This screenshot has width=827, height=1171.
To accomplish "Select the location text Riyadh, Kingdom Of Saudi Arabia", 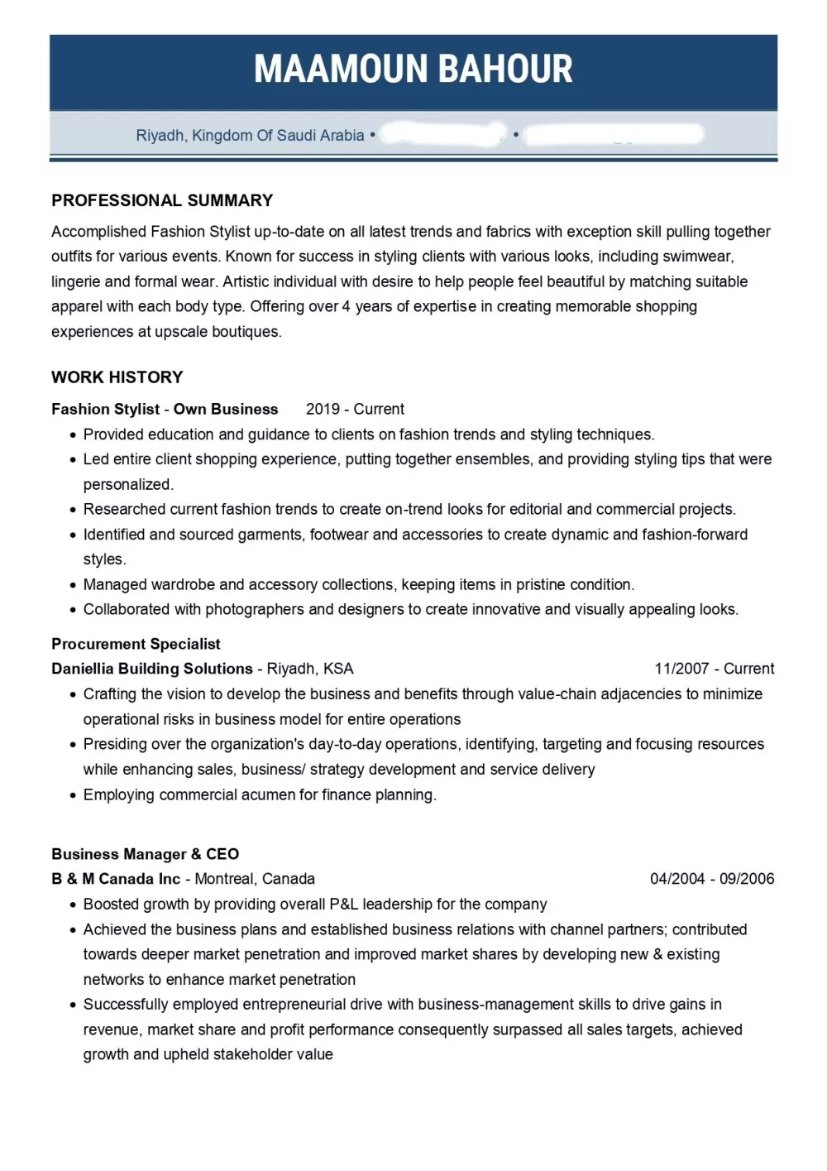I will (250, 136).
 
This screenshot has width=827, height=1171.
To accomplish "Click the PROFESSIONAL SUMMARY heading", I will (162, 200).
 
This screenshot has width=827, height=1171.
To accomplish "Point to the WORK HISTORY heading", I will (117, 377).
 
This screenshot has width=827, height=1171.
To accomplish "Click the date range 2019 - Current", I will (355, 409).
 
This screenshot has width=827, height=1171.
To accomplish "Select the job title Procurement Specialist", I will (136, 644).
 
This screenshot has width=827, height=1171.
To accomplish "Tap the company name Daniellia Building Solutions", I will (152, 669).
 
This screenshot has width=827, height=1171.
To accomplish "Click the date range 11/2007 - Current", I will (715, 669).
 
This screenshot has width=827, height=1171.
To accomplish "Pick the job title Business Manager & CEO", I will (145, 854).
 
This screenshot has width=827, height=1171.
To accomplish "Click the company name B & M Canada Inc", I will (116, 879).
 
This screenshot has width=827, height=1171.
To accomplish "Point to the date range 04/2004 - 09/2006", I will (712, 879).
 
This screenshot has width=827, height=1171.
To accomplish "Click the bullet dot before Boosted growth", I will (74, 905).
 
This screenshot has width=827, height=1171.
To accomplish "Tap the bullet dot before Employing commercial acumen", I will (74, 796).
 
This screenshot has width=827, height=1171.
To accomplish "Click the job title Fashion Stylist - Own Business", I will (165, 409).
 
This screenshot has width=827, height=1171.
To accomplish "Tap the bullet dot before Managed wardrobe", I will (74, 586).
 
